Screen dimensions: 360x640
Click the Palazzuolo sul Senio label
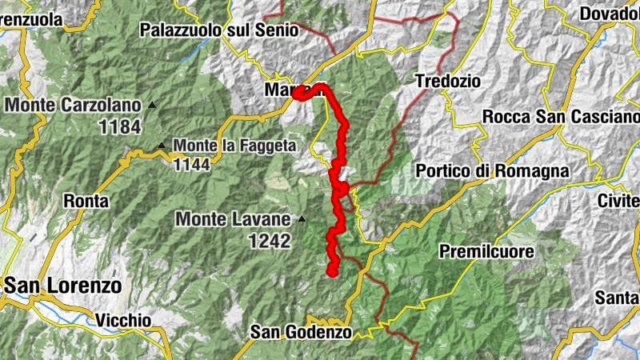point(218,30)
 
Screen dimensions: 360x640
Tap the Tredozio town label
point(448,81)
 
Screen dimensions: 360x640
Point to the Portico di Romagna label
point(492,171)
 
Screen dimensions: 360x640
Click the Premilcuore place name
point(486,252)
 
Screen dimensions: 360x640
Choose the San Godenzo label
point(301,332)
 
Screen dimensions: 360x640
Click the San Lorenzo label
point(62,286)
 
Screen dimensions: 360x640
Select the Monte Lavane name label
point(234,218)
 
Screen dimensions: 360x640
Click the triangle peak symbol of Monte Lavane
point(302,218)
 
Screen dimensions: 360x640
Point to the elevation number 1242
point(270,240)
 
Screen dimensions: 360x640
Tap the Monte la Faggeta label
point(234,146)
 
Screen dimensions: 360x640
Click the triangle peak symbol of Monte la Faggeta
point(162,146)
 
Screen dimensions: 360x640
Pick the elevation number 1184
point(121,126)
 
